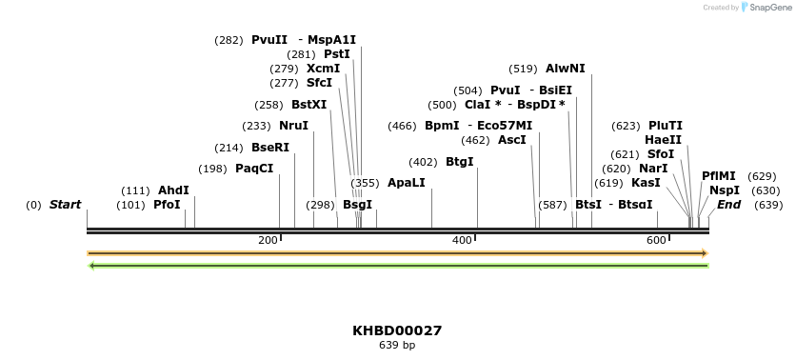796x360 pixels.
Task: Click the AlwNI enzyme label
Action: pos(566,69)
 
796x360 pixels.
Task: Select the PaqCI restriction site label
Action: pos(254,169)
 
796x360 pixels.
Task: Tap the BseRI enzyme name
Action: pos(269,148)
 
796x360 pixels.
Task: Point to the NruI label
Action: pos(293,126)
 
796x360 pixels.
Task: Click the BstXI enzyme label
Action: pos(308,105)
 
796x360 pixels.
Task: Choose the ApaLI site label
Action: pos(407,183)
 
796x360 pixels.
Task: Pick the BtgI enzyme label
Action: pos(459,162)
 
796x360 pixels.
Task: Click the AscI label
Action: pos(512,140)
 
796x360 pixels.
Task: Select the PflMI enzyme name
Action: pos(719,176)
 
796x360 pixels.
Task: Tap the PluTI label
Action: pos(666,126)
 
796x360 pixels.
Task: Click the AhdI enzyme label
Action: pos(173,190)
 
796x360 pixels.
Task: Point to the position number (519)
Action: pos(524,69)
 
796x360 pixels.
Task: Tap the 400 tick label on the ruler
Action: pos(462,240)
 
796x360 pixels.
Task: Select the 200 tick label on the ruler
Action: pos(268,240)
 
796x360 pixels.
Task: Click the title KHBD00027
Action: pos(397,330)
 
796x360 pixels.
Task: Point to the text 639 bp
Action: pos(397,345)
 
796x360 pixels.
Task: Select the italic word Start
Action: pos(65,205)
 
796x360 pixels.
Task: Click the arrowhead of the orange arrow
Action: pos(705,253)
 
